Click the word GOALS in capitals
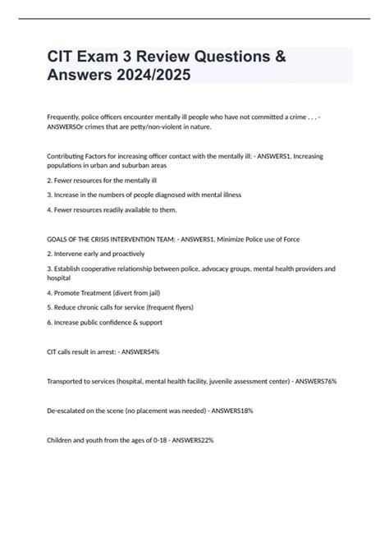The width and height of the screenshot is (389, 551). click(59, 239)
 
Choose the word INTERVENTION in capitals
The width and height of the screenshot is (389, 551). click(140, 239)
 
